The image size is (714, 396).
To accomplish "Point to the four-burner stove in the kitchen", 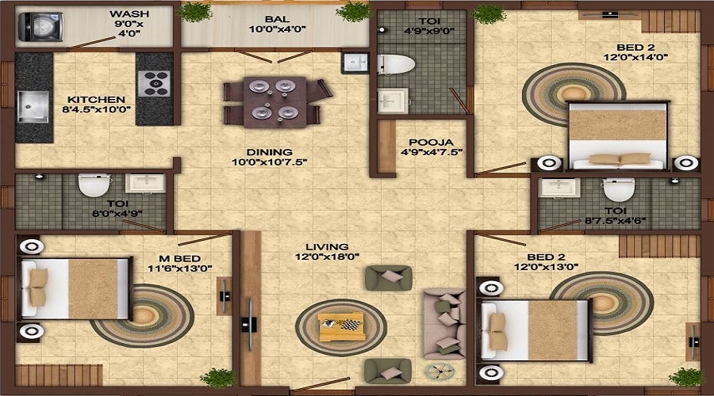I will click(154, 82).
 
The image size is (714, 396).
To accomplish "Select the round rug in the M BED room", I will click(143, 315).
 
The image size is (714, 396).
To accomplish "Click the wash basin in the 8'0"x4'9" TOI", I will click(145, 183).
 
